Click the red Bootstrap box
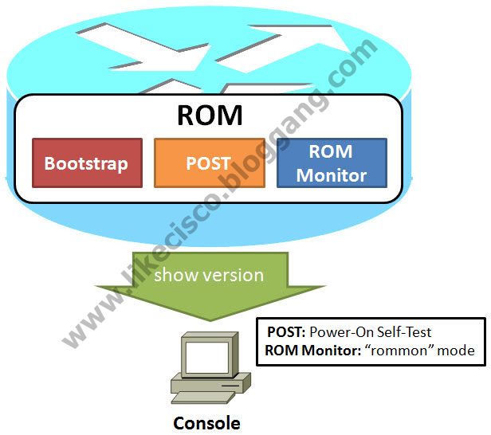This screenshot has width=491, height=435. click(87, 163)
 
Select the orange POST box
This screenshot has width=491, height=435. click(208, 163)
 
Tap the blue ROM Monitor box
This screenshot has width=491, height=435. click(332, 163)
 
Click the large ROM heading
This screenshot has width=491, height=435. click(209, 115)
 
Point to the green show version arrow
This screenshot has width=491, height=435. click(209, 291)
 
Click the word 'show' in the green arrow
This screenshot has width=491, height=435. click(174, 276)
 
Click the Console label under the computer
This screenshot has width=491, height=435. click(206, 422)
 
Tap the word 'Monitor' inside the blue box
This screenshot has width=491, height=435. click(332, 175)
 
